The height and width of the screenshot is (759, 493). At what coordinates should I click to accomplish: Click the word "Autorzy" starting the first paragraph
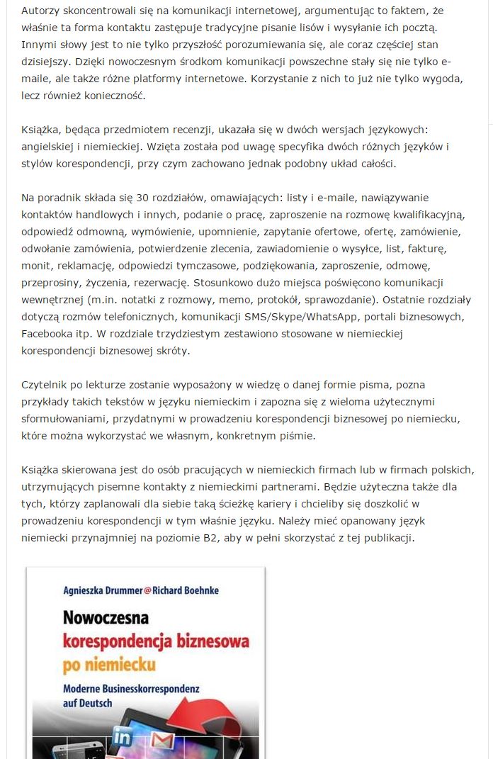point(41,11)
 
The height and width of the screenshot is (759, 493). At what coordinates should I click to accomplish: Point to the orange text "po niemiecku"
point(109,665)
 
